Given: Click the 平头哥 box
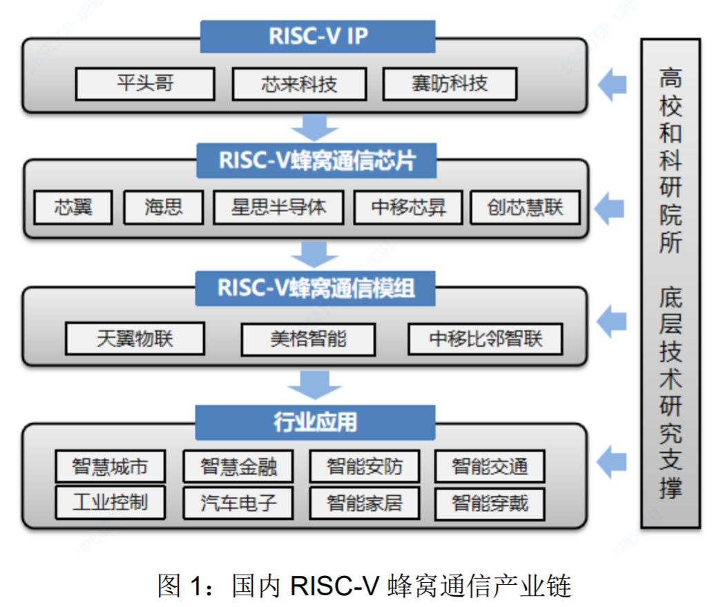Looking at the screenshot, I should (x=145, y=84).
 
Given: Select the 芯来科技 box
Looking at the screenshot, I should (x=298, y=84).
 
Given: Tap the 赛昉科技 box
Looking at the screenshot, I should (x=450, y=84).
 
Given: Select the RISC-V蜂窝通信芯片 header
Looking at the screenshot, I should (x=317, y=160).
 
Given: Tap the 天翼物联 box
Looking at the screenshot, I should (x=135, y=338).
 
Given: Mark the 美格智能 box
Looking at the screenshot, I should (x=308, y=339).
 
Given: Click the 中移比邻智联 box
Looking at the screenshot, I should (x=486, y=339).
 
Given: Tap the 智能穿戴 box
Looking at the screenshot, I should (x=490, y=503).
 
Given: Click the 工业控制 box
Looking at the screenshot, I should (x=111, y=501).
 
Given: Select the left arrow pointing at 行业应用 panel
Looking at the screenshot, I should (x=611, y=461).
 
